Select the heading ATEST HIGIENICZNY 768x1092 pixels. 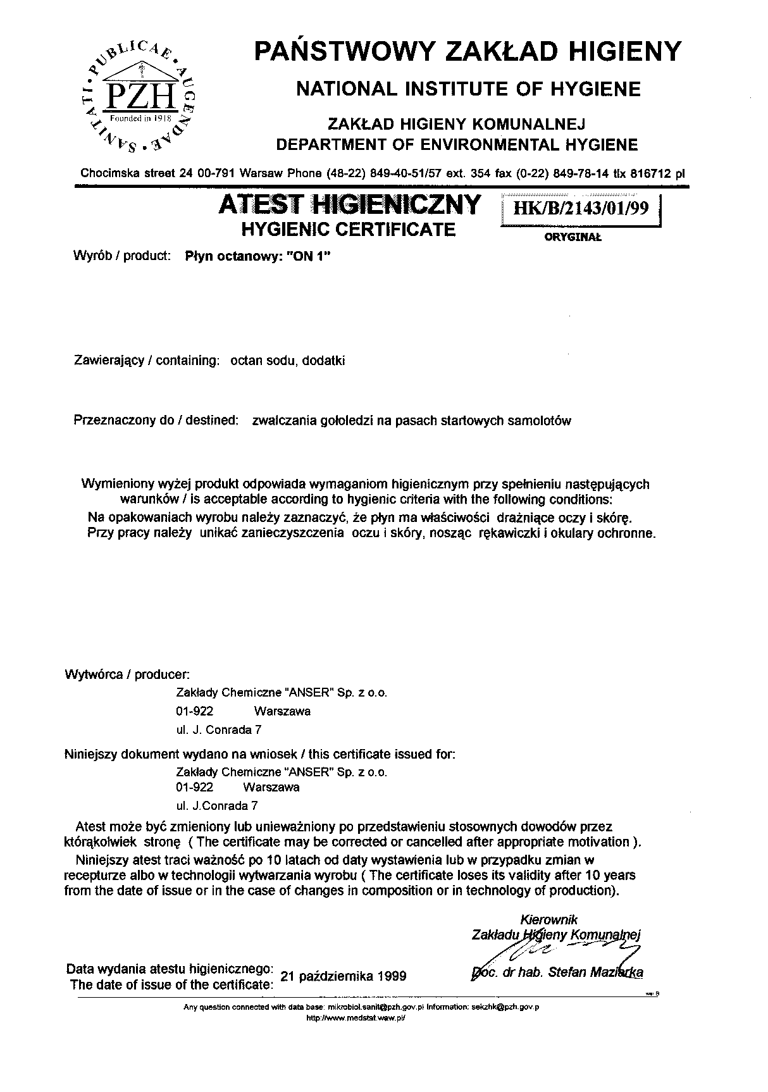tap(349, 204)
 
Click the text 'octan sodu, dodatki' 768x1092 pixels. tap(287, 361)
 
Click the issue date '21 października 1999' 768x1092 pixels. tap(343, 976)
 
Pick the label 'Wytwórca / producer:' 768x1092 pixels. tap(128, 674)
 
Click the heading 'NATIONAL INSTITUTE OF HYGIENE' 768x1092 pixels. tap(468, 89)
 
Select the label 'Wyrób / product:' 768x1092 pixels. tap(123, 256)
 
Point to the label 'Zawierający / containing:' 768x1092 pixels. tap(147, 361)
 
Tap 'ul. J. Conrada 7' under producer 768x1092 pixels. tap(219, 729)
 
